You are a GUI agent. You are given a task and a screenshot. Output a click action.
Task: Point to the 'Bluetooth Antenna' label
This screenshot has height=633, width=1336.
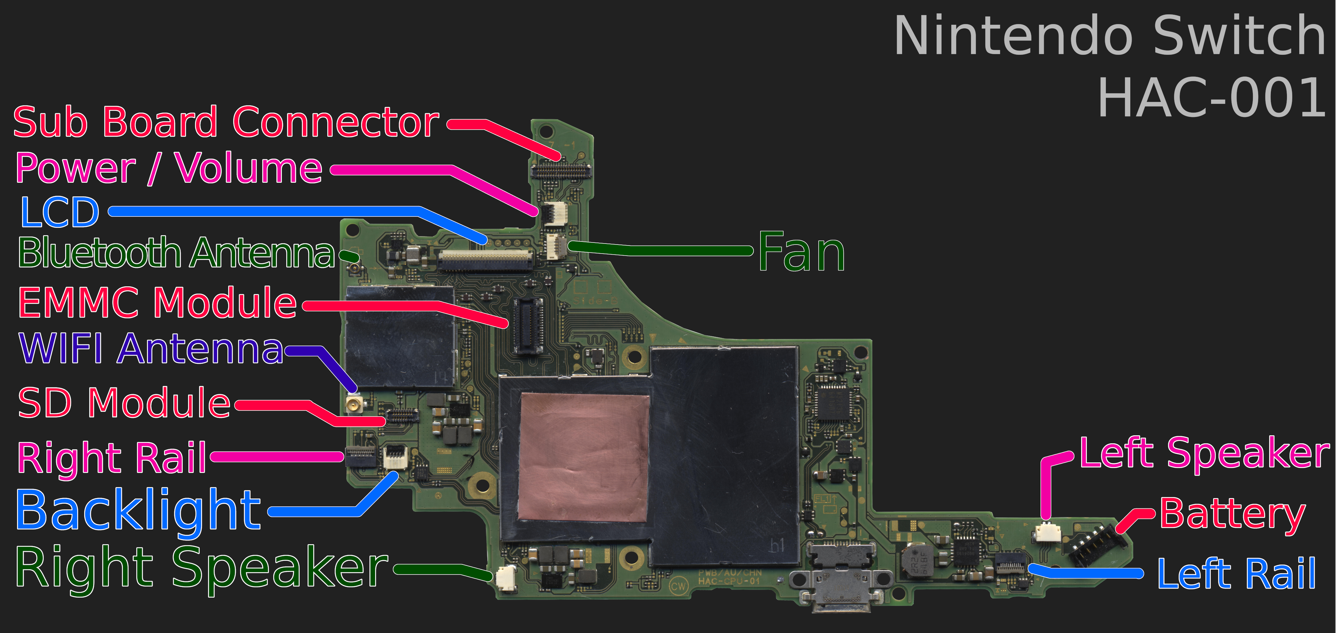[176, 253]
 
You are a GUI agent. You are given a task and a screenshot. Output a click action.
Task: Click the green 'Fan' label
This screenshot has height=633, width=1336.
[801, 252]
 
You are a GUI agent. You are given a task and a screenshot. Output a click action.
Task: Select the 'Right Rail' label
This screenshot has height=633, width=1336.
[112, 458]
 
